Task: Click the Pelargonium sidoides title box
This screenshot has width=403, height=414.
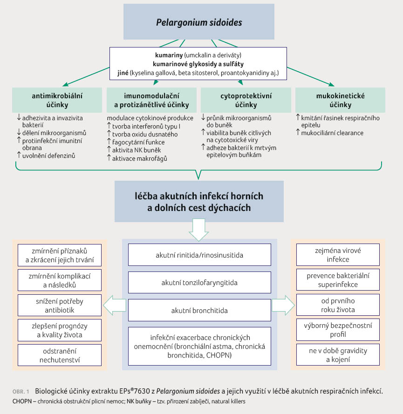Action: (199, 21)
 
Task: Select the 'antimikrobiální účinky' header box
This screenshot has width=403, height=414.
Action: (57, 100)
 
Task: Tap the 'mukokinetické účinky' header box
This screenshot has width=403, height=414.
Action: (340, 100)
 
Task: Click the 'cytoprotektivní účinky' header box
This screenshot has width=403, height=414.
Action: (246, 100)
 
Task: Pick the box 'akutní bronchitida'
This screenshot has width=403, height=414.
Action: (199, 310)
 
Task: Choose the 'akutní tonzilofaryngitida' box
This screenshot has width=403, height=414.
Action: (199, 283)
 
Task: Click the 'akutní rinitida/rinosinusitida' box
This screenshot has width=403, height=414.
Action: (199, 255)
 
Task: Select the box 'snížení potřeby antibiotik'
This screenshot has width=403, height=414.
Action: (60, 305)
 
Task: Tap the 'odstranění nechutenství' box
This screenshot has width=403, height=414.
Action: (60, 355)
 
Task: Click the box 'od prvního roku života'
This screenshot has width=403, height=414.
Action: (338, 305)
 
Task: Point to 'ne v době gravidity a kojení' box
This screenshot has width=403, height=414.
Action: (338, 354)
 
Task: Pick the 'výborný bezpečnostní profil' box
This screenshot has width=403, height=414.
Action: (338, 330)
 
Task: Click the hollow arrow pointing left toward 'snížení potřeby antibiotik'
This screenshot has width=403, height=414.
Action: (114, 305)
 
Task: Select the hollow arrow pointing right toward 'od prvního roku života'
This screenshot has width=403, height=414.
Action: (283, 305)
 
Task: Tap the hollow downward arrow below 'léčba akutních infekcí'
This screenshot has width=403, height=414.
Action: (198, 230)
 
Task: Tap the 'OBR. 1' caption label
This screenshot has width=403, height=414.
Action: (21, 391)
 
